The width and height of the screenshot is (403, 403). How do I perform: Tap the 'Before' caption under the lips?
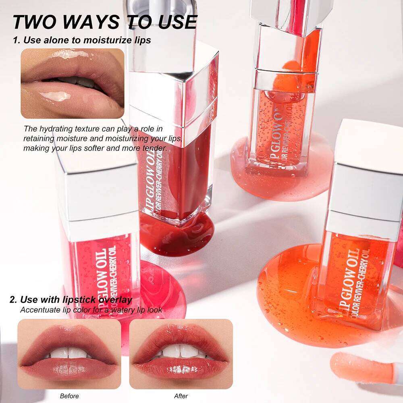click(69, 396)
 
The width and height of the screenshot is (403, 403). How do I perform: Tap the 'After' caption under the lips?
click(181, 396)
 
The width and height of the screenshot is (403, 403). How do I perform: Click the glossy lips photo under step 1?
click(72, 83)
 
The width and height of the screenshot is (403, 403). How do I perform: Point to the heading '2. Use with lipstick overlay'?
click(71, 300)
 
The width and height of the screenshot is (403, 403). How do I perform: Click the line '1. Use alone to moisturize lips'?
click(82, 40)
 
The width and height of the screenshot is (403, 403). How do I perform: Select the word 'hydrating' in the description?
click(56, 129)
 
